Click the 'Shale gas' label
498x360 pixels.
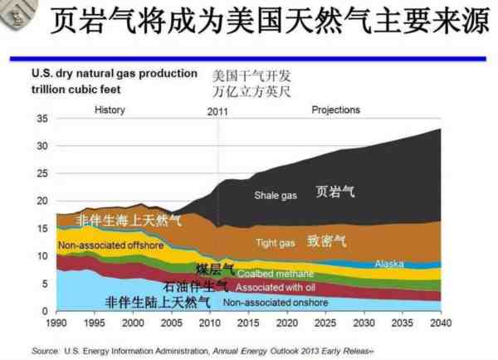point(276,195)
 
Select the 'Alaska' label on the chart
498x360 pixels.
point(389,264)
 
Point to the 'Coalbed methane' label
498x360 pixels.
point(276,274)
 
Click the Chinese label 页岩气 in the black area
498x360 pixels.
point(335,192)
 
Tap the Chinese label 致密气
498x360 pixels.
point(326,241)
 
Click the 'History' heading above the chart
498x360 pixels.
point(110,109)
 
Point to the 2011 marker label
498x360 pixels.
point(217,111)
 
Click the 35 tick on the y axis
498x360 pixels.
point(42,119)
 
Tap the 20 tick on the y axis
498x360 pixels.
point(42,201)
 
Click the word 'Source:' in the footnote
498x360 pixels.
point(46,349)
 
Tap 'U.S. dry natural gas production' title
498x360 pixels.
point(115,73)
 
